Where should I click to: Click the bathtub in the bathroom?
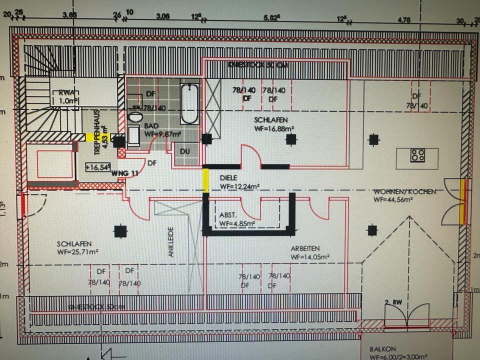(189, 104)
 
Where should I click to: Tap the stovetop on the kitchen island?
(417, 155)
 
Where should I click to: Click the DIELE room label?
(229, 177)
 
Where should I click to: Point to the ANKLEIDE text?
(170, 242)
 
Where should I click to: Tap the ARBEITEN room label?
(305, 248)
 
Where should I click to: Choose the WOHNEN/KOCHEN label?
(405, 191)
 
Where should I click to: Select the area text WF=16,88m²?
(274, 128)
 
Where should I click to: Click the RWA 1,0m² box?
(66, 96)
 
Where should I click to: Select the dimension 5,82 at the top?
(271, 16)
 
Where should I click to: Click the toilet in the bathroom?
(135, 117)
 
